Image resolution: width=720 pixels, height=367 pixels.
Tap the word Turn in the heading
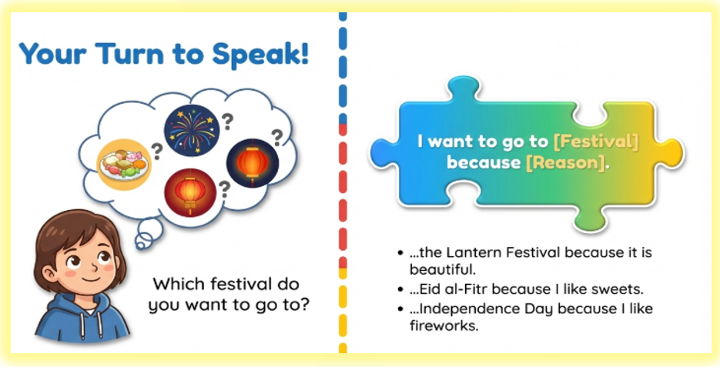coord(129,53)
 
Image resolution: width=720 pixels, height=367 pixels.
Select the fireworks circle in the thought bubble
coord(192,130)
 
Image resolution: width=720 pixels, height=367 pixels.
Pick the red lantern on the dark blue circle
coord(253,164)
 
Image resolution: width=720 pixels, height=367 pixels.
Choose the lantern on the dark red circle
coord(190,192)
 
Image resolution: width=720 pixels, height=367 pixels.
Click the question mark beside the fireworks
coord(227,122)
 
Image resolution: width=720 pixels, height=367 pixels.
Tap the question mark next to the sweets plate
coord(157,152)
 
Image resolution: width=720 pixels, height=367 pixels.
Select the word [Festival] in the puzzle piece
coord(595,142)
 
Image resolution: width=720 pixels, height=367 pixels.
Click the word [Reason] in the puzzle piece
coord(564,163)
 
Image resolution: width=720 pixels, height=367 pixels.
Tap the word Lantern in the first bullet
coord(471,253)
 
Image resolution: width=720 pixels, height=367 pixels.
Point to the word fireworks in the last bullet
coord(444,325)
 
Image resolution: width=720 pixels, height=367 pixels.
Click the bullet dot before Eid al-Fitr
coord(401,290)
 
